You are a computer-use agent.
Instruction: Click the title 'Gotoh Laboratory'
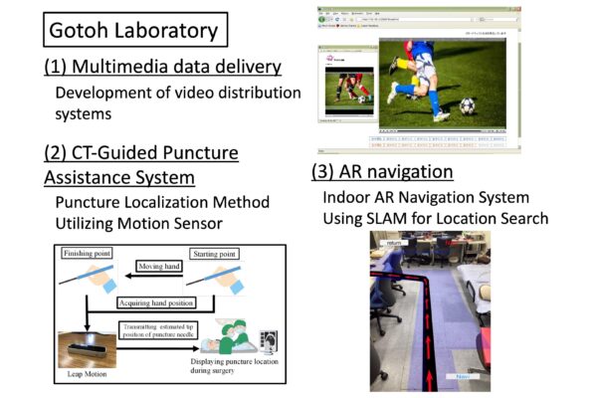point(135,29)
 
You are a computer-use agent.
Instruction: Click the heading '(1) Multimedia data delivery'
point(163,68)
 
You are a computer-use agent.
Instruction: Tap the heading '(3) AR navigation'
point(382,171)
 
